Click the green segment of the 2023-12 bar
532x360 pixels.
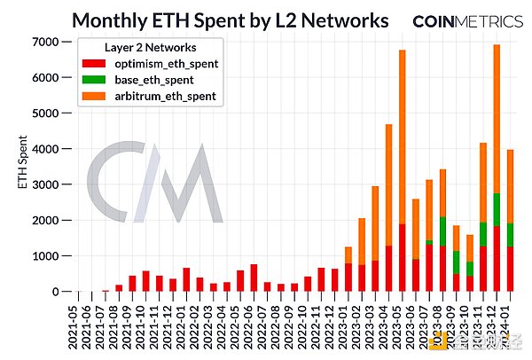point(497,209)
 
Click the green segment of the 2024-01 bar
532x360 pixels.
point(510,235)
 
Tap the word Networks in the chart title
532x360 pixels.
point(340,20)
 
